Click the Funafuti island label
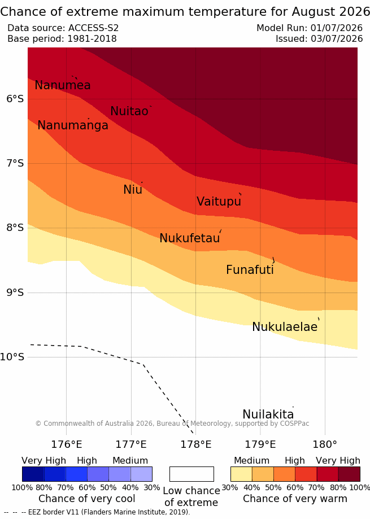point(250,269)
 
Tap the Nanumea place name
point(63,85)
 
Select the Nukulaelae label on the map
point(285,326)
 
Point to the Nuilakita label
point(268,414)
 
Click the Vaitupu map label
point(219,201)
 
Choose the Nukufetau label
point(190,238)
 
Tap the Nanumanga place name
point(73,125)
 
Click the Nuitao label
point(129,111)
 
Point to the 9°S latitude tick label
point(15,293)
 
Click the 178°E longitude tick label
point(195,444)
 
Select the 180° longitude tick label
point(325,444)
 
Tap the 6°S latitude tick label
point(15,99)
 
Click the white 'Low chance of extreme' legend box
point(191,474)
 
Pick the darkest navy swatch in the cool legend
point(33,474)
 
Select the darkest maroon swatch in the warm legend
point(349,474)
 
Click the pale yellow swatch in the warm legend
point(241,474)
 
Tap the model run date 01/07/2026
point(337,28)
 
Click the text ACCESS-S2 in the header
point(93,28)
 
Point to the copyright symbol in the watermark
point(38,424)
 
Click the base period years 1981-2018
point(92,39)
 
